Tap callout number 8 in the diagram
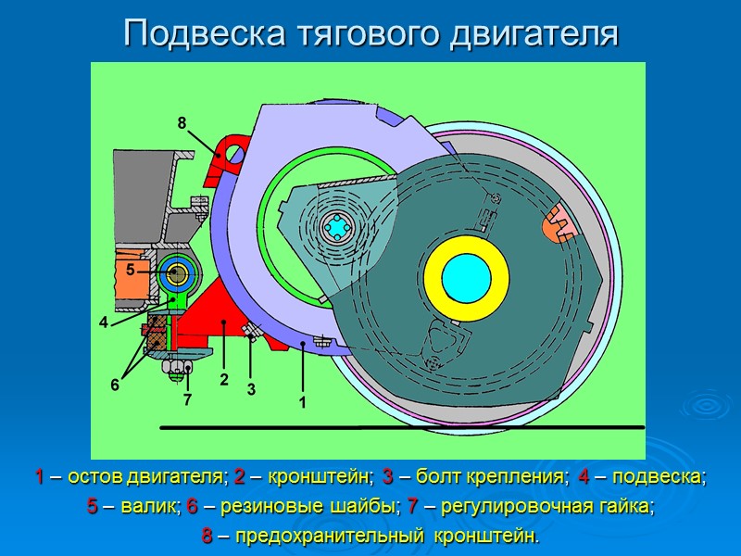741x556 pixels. pyautogui.click(x=182, y=122)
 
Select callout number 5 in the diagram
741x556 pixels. pyautogui.click(x=131, y=269)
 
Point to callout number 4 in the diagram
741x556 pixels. pyautogui.click(x=105, y=322)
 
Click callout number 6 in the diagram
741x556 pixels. pyautogui.click(x=115, y=384)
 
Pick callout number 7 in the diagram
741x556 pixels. pyautogui.click(x=187, y=400)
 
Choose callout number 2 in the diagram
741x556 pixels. pyautogui.click(x=223, y=379)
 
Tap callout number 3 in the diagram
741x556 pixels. pyautogui.click(x=251, y=390)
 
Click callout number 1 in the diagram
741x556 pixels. pyautogui.click(x=301, y=403)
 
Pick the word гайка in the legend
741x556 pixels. pyautogui.click(x=629, y=507)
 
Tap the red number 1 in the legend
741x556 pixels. pyautogui.click(x=40, y=478)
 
